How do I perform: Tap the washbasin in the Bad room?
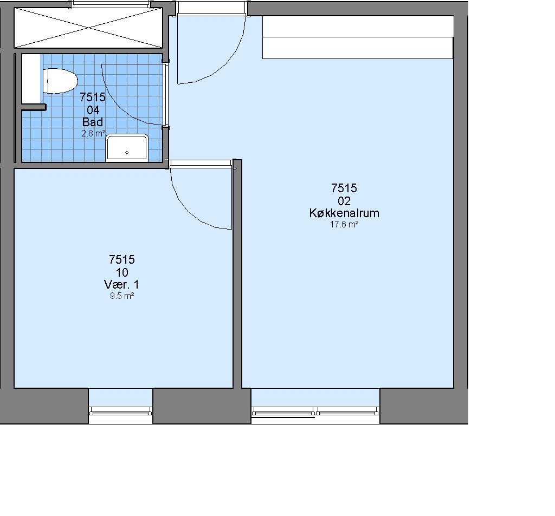tap(127, 147)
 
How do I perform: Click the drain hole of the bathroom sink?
tap(127, 153)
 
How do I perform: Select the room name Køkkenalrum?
tap(344, 213)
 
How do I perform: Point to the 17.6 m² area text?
tap(344, 224)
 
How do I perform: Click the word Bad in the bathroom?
tap(93, 122)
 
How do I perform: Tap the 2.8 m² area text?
tap(93, 133)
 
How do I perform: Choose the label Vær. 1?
tap(121, 284)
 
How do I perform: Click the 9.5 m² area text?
tap(122, 296)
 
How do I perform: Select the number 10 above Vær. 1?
tap(122, 272)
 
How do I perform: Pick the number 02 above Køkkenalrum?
tap(344, 201)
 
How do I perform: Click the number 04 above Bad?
tap(93, 110)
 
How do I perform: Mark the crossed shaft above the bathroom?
tap(88, 28)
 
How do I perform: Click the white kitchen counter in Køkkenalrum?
tap(358, 37)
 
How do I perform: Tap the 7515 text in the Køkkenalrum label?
tap(344, 188)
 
